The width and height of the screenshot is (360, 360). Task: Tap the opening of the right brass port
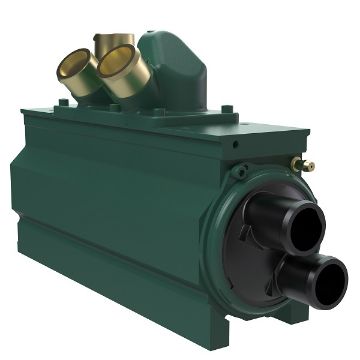[119, 62]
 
